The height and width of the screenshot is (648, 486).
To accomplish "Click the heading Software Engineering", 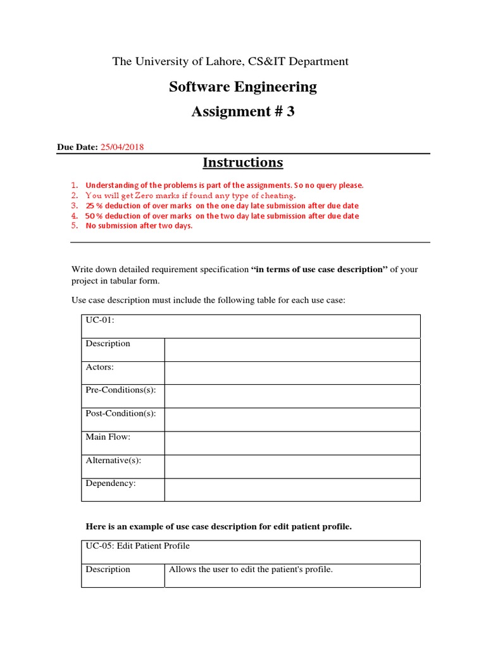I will click(x=242, y=87).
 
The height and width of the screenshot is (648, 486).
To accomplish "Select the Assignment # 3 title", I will click(x=242, y=112).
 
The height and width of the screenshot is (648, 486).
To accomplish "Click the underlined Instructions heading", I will click(x=242, y=163).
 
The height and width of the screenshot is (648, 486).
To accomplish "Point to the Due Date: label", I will click(x=77, y=147).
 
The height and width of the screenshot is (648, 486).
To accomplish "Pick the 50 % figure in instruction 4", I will click(x=94, y=216).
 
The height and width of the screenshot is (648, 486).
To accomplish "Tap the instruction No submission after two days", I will click(x=139, y=226).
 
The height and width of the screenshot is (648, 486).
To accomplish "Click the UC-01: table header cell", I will click(x=99, y=320).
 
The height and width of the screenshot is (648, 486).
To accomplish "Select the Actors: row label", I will click(x=100, y=367).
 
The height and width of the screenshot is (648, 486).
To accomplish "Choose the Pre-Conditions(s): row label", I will click(x=120, y=390).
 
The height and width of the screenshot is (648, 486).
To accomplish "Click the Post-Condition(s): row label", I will click(x=120, y=413).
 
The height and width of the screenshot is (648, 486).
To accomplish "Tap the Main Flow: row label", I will click(x=108, y=437).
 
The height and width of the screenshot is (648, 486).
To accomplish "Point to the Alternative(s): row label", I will click(x=113, y=460).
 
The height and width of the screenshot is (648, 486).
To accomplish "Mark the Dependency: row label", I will click(x=111, y=483).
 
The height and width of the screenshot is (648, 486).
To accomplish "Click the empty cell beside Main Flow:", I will click(x=292, y=443).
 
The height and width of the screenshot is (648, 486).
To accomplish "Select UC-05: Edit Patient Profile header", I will click(x=137, y=545).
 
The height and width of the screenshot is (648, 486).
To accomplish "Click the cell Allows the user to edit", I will click(x=251, y=570).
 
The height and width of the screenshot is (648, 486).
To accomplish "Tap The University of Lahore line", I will click(x=230, y=61).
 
